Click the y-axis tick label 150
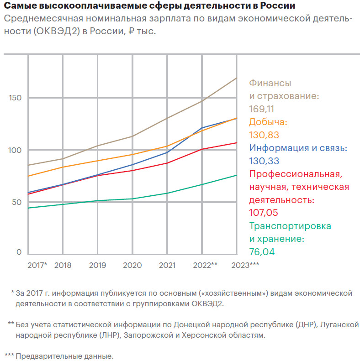(x=16, y=98)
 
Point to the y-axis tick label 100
(x=16, y=150)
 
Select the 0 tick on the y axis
(x=19, y=252)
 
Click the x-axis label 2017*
(x=37, y=265)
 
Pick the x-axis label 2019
(x=97, y=265)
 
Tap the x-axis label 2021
(x=167, y=265)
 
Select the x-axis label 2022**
(x=205, y=265)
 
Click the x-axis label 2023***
(x=245, y=265)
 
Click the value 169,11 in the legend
(x=262, y=109)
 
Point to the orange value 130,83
(x=264, y=135)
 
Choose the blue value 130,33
(x=264, y=161)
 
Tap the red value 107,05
(x=264, y=213)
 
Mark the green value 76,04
(x=262, y=251)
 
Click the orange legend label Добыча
(x=268, y=122)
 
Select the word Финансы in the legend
(x=270, y=84)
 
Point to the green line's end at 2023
(x=237, y=175)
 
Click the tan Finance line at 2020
(x=132, y=136)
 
